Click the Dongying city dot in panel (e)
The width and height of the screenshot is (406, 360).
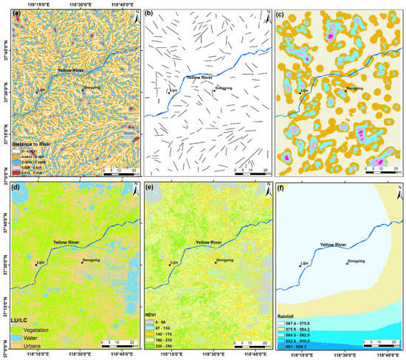216,263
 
